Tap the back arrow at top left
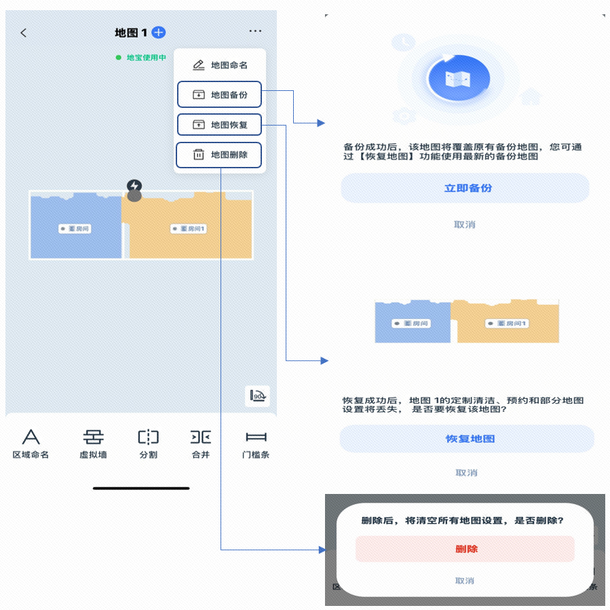[x=24, y=33]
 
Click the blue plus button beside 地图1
[x=159, y=32]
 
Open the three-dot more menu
[x=255, y=31]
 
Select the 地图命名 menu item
[x=220, y=65]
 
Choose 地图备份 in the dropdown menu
[x=220, y=95]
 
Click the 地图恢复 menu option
[x=220, y=125]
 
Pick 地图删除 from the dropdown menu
[x=220, y=155]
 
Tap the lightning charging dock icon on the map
[x=134, y=186]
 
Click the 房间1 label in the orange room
[x=189, y=229]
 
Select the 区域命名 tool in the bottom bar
[x=31, y=443]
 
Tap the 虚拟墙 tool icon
[x=93, y=443]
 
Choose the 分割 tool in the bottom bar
[x=148, y=443]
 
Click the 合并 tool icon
[x=201, y=443]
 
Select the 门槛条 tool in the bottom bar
[x=256, y=443]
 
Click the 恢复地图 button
[x=467, y=439]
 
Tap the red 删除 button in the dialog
[x=465, y=549]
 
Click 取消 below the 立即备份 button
[x=465, y=225]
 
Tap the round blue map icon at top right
[x=459, y=76]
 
